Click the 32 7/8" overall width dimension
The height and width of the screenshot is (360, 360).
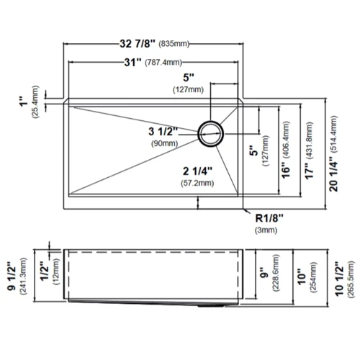(138, 44)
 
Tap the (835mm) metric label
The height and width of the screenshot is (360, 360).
(174, 44)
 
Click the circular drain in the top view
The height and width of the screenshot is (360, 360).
(211, 134)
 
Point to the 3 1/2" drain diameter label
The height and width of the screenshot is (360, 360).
(163, 132)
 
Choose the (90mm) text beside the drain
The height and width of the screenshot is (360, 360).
(165, 143)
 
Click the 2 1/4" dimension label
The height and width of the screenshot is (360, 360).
(197, 171)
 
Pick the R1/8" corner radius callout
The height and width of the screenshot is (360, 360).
(269, 218)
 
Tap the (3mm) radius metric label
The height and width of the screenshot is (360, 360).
(266, 230)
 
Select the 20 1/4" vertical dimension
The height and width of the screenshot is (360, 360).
(333, 174)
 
